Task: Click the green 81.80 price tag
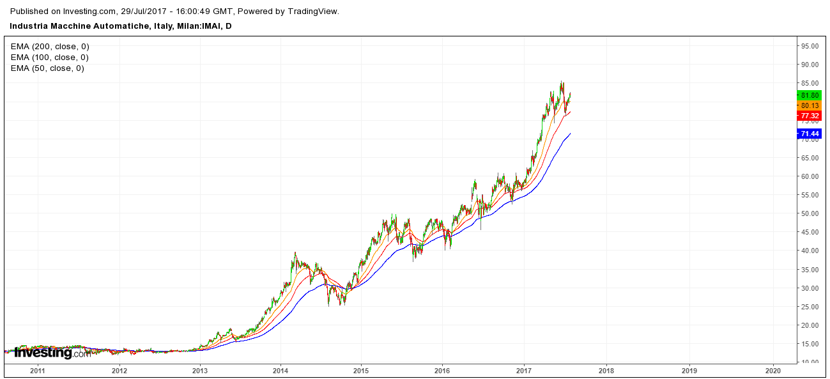point(810,95)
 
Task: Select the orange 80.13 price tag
point(810,105)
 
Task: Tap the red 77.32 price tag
point(810,116)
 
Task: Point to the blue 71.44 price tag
point(810,134)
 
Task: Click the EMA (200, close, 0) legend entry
point(50,47)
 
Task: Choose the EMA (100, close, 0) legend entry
point(50,58)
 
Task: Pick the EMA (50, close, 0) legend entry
point(47,68)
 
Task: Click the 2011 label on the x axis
point(38,370)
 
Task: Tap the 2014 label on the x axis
point(281,370)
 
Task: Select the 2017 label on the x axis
point(524,370)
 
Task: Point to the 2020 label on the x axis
point(773,370)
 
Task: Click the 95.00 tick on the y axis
point(811,46)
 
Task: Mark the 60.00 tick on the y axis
point(811,176)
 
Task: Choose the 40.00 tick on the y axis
point(811,251)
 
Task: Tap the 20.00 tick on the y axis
point(811,325)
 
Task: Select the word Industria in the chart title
point(29,26)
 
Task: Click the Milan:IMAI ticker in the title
point(206,26)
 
